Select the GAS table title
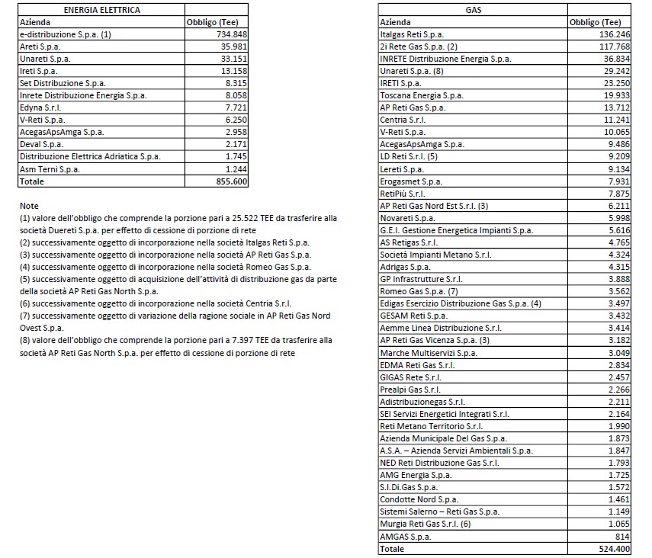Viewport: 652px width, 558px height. click(473, 10)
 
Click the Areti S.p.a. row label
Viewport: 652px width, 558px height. click(40, 46)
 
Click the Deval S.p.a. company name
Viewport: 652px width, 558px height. click(42, 144)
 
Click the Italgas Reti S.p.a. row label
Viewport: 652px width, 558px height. click(412, 34)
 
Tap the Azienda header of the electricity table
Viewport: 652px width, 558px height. click(34, 22)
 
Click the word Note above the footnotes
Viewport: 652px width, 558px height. click(28, 206)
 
